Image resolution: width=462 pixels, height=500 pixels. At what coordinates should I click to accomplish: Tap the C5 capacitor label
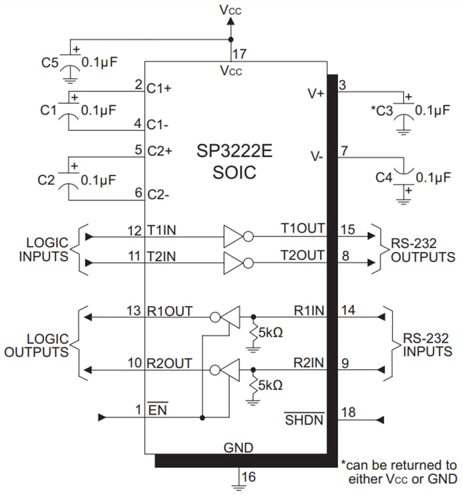[49, 63]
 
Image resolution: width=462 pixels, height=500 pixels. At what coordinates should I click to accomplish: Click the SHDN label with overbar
[304, 420]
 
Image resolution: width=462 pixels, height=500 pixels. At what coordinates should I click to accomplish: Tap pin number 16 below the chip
[249, 477]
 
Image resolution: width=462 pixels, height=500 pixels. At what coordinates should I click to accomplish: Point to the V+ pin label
[315, 94]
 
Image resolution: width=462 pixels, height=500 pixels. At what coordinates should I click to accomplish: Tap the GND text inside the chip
[238, 447]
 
